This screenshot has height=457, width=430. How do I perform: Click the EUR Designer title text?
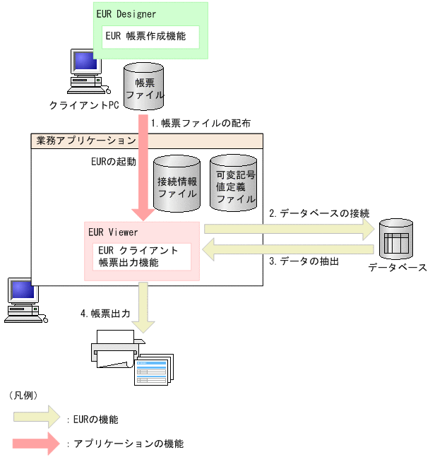click(x=126, y=13)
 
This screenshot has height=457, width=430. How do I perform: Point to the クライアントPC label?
click(x=84, y=105)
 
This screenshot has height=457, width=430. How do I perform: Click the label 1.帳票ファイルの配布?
click(x=201, y=122)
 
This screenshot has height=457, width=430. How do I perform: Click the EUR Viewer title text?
click(x=113, y=232)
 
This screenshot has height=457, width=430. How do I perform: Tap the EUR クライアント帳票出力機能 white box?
click(x=142, y=256)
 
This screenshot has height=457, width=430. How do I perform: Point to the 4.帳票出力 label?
click(x=105, y=313)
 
